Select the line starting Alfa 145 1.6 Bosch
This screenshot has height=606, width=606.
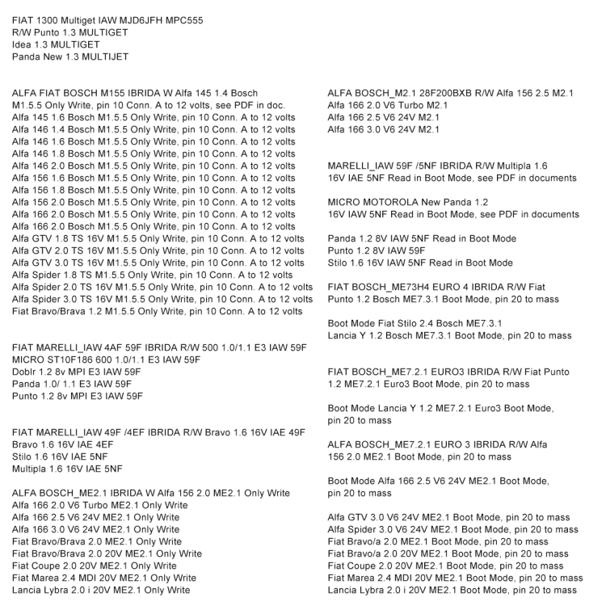tap(154, 117)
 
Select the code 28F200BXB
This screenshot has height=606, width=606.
tap(420, 93)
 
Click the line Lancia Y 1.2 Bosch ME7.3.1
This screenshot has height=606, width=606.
tap(449, 335)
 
